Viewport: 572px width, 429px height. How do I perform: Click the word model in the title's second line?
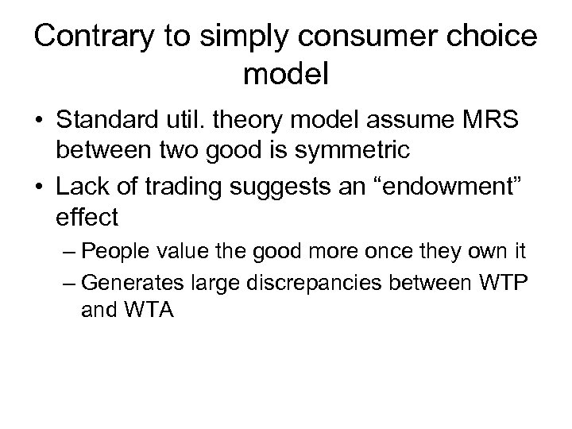pos(286,76)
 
